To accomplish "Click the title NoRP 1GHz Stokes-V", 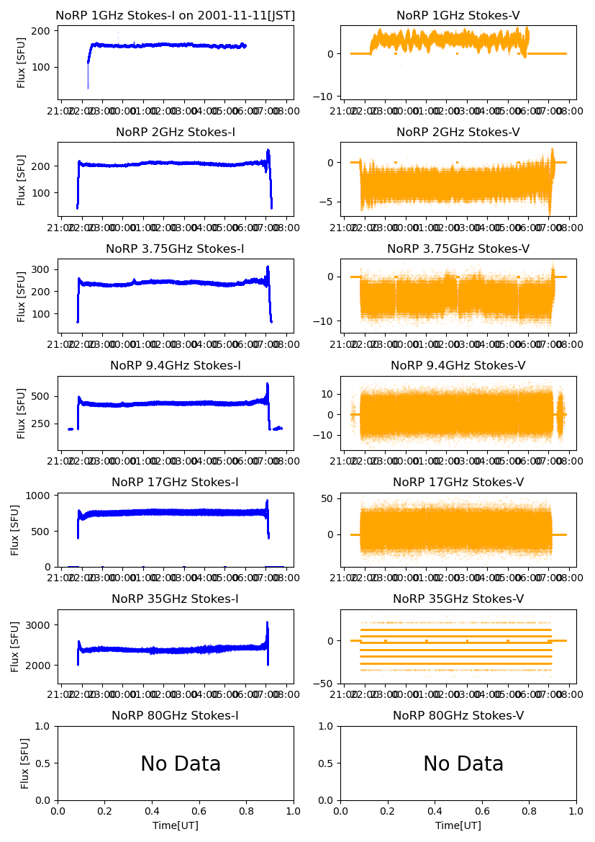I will (x=458, y=16).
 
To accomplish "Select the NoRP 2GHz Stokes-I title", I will (x=176, y=133).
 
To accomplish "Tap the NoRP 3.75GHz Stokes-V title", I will (x=458, y=249).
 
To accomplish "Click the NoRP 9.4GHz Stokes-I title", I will (x=176, y=366).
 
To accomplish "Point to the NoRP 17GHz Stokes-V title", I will (x=458, y=483).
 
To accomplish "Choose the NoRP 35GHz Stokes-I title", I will (x=176, y=599).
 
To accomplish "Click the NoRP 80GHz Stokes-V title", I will (x=458, y=716).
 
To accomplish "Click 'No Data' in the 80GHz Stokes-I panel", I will (x=181, y=764).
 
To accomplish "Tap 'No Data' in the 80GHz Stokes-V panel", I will (x=463, y=764).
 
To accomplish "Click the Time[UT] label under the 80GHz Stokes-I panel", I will (x=176, y=825).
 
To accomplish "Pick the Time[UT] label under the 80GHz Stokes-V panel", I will (x=458, y=825).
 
